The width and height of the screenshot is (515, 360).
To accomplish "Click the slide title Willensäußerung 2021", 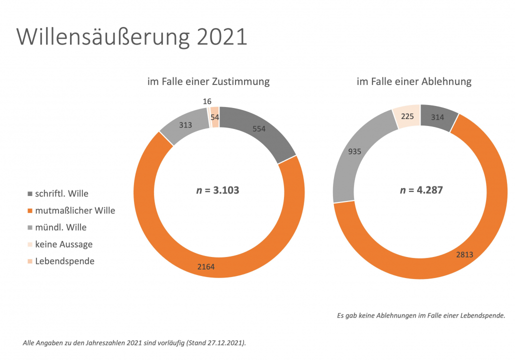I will point(132,37).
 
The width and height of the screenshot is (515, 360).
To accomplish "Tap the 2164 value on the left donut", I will point(206,267).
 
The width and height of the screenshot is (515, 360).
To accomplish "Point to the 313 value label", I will point(185,125).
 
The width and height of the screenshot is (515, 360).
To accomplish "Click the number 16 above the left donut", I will point(207,101).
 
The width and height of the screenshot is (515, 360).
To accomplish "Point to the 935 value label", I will point(354,151).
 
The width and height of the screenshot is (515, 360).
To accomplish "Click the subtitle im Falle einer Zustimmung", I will point(208,81).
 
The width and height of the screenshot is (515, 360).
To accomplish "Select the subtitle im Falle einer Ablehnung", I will point(414,81).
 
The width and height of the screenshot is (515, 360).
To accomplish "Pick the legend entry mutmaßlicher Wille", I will point(75,210).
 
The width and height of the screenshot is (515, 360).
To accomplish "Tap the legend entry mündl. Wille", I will point(60,227).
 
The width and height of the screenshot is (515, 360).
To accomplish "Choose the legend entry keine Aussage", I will point(63,244).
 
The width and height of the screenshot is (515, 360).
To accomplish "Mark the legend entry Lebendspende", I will point(64,261).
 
